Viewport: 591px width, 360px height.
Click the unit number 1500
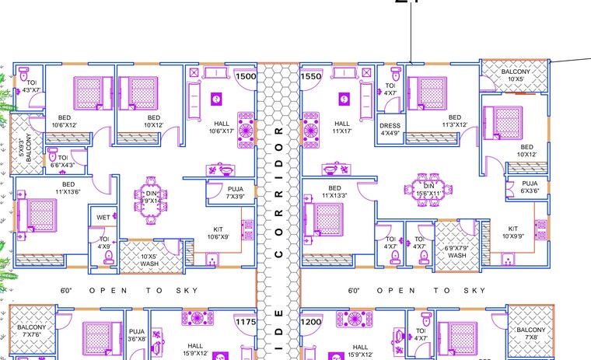pyautogui.click(x=246, y=76)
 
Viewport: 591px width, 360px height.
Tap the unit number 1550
pyautogui.click(x=311, y=76)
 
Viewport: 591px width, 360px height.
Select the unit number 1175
pyautogui.click(x=246, y=320)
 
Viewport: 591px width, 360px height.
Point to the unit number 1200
pyautogui.click(x=311, y=320)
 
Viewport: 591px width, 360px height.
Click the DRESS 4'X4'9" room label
pyautogui.click(x=390, y=128)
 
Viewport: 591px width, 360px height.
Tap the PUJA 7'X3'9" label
pyautogui.click(x=236, y=193)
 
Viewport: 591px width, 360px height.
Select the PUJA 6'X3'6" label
pyautogui.click(x=529, y=187)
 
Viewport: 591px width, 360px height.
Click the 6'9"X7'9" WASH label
pyautogui.click(x=456, y=250)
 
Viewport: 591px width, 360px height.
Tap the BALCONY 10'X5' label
pyautogui.click(x=516, y=75)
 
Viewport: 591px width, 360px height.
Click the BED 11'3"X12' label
pyautogui.click(x=454, y=121)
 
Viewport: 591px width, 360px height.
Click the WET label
pyautogui.click(x=103, y=218)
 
